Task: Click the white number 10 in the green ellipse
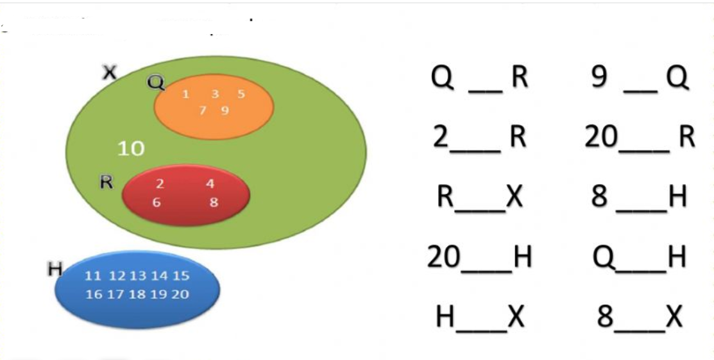coord(131,149)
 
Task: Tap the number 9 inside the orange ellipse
coord(225,110)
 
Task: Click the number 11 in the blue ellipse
coord(93,276)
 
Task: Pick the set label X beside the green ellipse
coord(110,73)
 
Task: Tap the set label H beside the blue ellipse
coord(55,269)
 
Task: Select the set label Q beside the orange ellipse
coord(155,82)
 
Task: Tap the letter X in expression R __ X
coord(514,197)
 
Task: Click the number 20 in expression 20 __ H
coord(445,257)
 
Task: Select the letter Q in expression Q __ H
coord(605,257)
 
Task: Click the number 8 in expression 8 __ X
coord(605,317)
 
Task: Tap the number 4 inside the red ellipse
coord(210,184)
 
